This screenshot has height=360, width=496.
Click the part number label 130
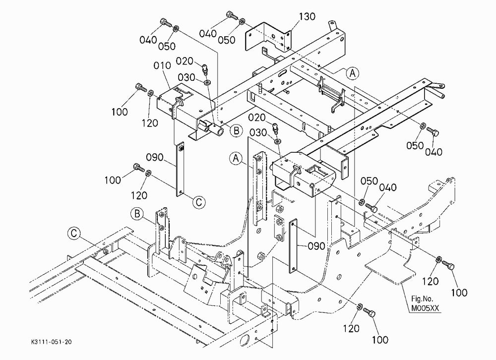tap(307, 16)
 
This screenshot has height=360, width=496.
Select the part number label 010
tap(162, 65)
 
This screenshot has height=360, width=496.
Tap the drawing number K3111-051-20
tap(52, 342)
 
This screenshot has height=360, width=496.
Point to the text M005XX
tap(426, 308)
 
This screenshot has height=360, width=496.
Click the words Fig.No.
tap(422, 299)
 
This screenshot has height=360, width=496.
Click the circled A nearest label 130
tap(352, 73)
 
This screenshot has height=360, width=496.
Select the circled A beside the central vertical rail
tap(236, 158)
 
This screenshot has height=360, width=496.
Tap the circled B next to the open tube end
tap(236, 130)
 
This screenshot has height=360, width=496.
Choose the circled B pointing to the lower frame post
tap(137, 214)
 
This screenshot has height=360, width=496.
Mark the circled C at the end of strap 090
tap(199, 202)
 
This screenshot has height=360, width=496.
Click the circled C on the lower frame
tap(74, 234)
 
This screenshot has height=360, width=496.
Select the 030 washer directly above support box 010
tap(207, 83)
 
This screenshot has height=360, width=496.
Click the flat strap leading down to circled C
tap(180, 170)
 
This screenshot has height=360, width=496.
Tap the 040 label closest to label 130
tap(208, 34)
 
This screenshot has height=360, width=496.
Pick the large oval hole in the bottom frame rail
tap(245, 341)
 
